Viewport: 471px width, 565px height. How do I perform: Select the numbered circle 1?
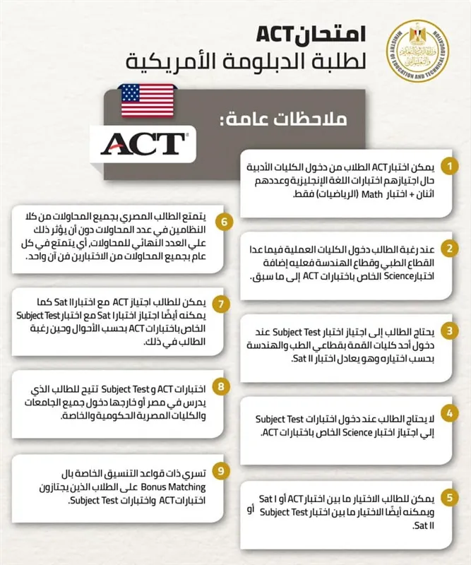[446, 167]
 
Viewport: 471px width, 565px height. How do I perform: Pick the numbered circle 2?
[446, 249]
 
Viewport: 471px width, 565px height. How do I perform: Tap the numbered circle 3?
[446, 331]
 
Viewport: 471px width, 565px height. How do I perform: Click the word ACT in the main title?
[277, 34]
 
